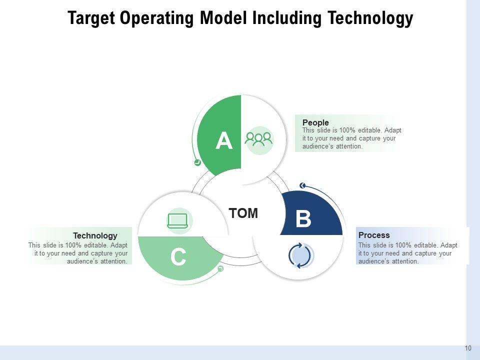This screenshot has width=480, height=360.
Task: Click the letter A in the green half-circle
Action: click(x=224, y=141)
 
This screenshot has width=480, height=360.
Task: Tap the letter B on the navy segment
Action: click(x=303, y=219)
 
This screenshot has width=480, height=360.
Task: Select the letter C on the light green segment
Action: click(x=178, y=257)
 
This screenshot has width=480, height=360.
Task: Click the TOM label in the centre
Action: click(x=243, y=213)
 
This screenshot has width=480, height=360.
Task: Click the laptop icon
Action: click(x=177, y=220)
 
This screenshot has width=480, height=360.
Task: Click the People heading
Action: click(x=315, y=122)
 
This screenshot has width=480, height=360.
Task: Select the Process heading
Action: click(x=374, y=235)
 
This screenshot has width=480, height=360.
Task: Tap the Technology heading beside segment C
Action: click(x=95, y=235)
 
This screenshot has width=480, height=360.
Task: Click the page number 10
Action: click(x=468, y=348)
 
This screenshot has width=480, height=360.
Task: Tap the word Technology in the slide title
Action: click(x=370, y=18)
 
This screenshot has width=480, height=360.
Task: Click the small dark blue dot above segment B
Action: click(x=302, y=186)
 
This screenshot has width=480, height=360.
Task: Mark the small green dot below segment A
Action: click(x=197, y=162)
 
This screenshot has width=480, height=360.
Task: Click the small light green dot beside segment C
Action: click(x=220, y=269)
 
